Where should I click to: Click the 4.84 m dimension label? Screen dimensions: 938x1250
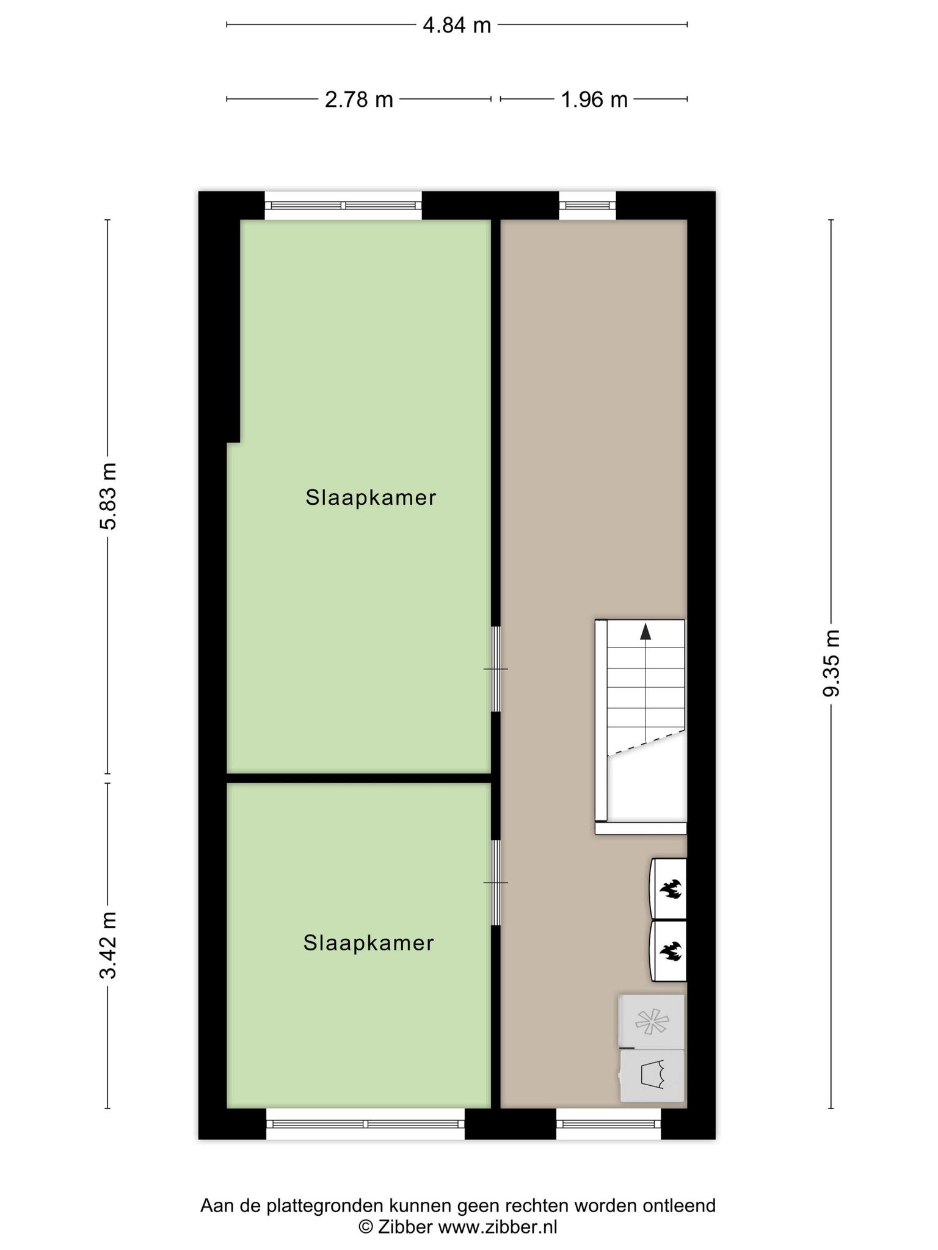tap(457, 25)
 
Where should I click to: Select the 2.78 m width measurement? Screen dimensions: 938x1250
tap(358, 99)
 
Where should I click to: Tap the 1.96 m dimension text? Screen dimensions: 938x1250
tap(594, 99)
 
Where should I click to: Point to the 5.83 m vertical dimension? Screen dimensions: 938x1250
tap(108, 496)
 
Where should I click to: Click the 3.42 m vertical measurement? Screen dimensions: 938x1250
tap(108, 945)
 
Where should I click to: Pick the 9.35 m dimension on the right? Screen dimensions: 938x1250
tap(831, 662)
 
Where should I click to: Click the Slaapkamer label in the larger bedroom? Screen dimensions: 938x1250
tap(371, 497)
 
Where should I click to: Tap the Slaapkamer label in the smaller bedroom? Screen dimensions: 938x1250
tap(368, 943)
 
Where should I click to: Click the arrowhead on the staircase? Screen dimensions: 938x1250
tap(645, 632)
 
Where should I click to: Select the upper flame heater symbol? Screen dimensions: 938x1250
tap(669, 889)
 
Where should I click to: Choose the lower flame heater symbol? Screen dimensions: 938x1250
tap(669, 951)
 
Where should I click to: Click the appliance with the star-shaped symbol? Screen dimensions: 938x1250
tap(652, 1021)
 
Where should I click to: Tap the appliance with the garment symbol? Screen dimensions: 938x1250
tap(652, 1075)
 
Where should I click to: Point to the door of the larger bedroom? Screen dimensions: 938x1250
tap(496, 669)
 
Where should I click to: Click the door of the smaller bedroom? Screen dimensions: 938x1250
tap(496, 883)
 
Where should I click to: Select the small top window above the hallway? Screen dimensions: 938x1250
tap(587, 206)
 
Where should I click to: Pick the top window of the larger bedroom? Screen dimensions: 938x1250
tap(343, 206)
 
